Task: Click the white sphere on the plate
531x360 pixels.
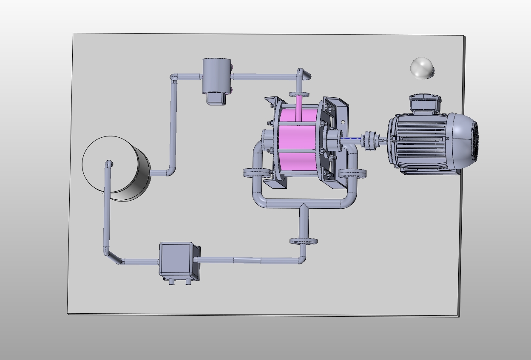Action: coord(422,68)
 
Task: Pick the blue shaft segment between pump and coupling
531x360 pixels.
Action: coord(350,139)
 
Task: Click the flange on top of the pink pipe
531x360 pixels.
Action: coord(299,94)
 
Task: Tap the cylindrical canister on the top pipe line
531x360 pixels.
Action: coord(216,76)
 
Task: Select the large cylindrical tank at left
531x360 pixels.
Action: coord(117,168)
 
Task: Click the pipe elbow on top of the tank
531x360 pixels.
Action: coord(109,164)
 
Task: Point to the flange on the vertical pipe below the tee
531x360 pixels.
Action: coord(304,241)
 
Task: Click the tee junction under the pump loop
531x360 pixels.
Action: coord(304,207)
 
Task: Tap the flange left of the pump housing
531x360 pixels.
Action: coord(256,173)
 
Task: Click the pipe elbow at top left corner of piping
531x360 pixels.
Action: coord(174,78)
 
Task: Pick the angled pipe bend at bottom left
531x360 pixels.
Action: coord(113,258)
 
